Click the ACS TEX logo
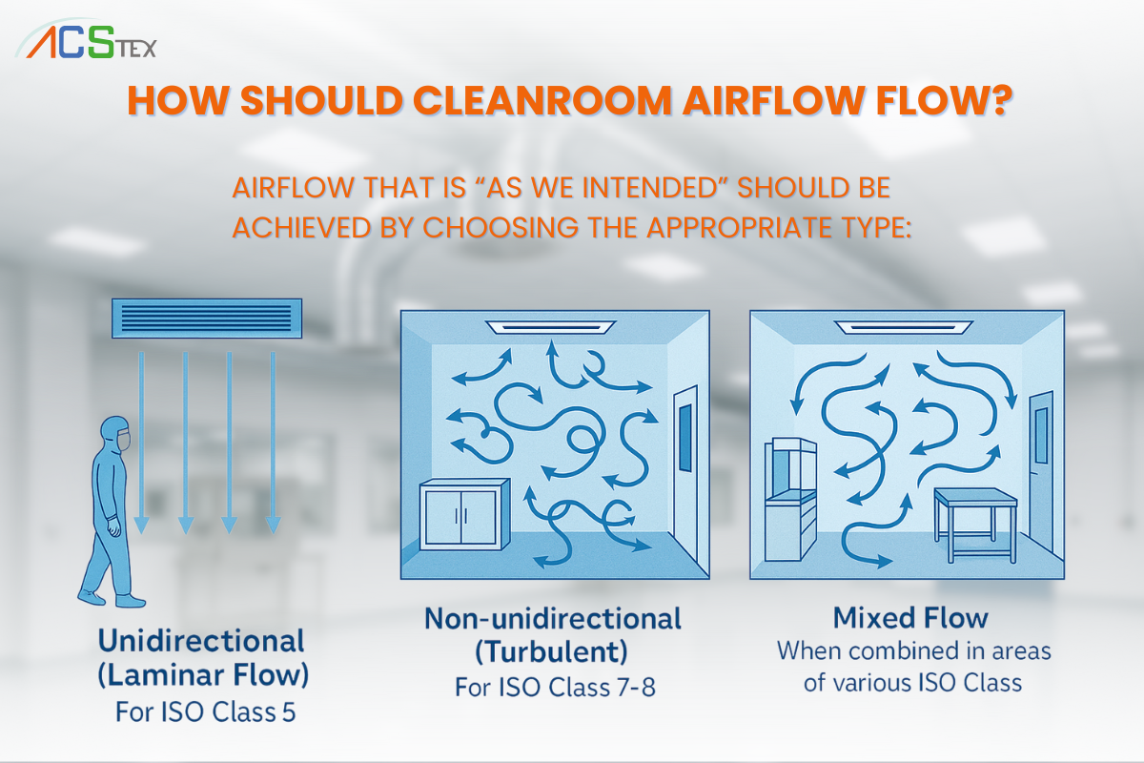[86, 41]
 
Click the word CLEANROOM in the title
[542, 100]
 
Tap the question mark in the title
[998, 99]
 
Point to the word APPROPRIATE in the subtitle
[740, 227]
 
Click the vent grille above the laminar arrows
[207, 319]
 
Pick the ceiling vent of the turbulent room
[551, 327]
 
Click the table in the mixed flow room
[975, 525]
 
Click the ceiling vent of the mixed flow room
[903, 327]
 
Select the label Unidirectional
[201, 641]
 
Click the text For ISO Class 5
[205, 711]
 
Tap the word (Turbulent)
[552, 652]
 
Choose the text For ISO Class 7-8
[555, 687]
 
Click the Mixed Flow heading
[910, 618]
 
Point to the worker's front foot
[131, 601]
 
